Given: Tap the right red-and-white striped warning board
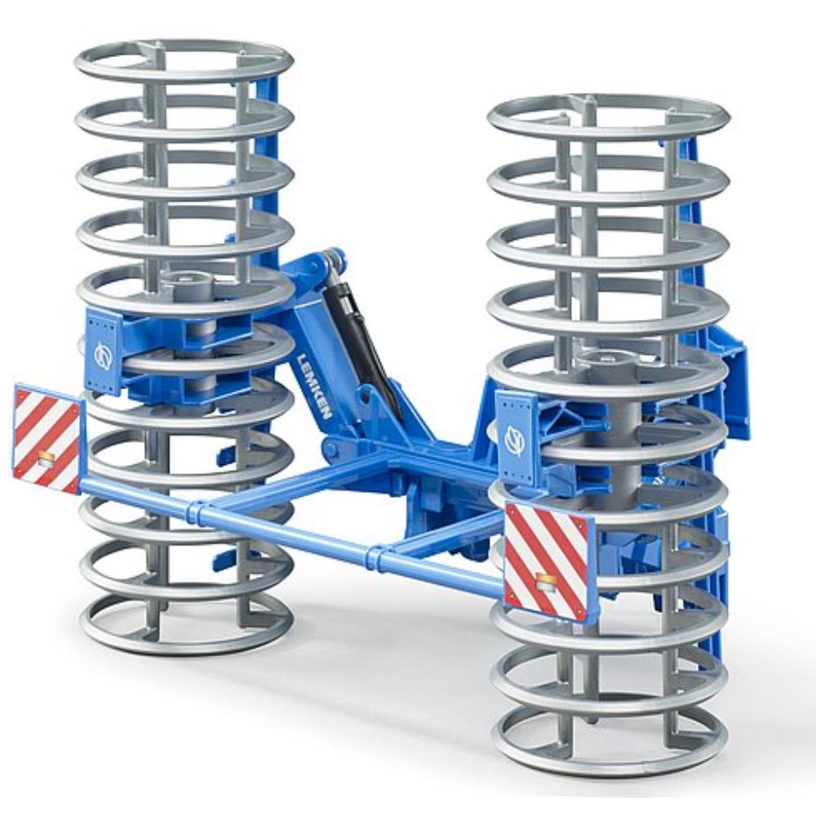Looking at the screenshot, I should tap(546, 561).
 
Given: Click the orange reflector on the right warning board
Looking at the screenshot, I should tap(546, 581).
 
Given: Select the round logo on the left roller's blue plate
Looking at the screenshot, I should tap(103, 355).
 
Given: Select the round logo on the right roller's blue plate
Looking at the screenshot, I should tap(515, 441).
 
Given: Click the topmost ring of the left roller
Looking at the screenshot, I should tap(184, 61).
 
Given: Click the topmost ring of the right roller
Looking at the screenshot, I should tap(609, 117).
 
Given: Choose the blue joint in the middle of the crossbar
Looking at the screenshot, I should tap(377, 558).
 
